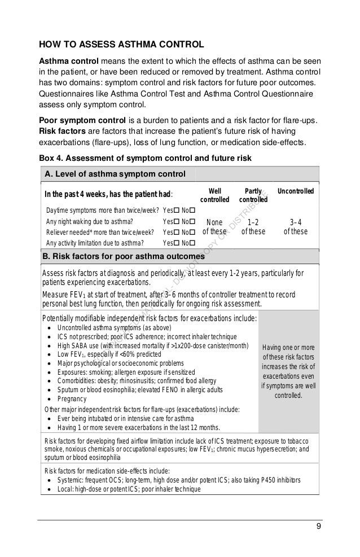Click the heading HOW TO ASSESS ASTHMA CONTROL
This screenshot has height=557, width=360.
121,45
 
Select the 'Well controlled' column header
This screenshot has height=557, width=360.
216,195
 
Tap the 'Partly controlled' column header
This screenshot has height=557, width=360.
252,195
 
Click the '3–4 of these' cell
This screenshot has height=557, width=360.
295,226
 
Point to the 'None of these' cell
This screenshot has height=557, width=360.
214,226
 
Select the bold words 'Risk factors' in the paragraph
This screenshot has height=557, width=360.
63,131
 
